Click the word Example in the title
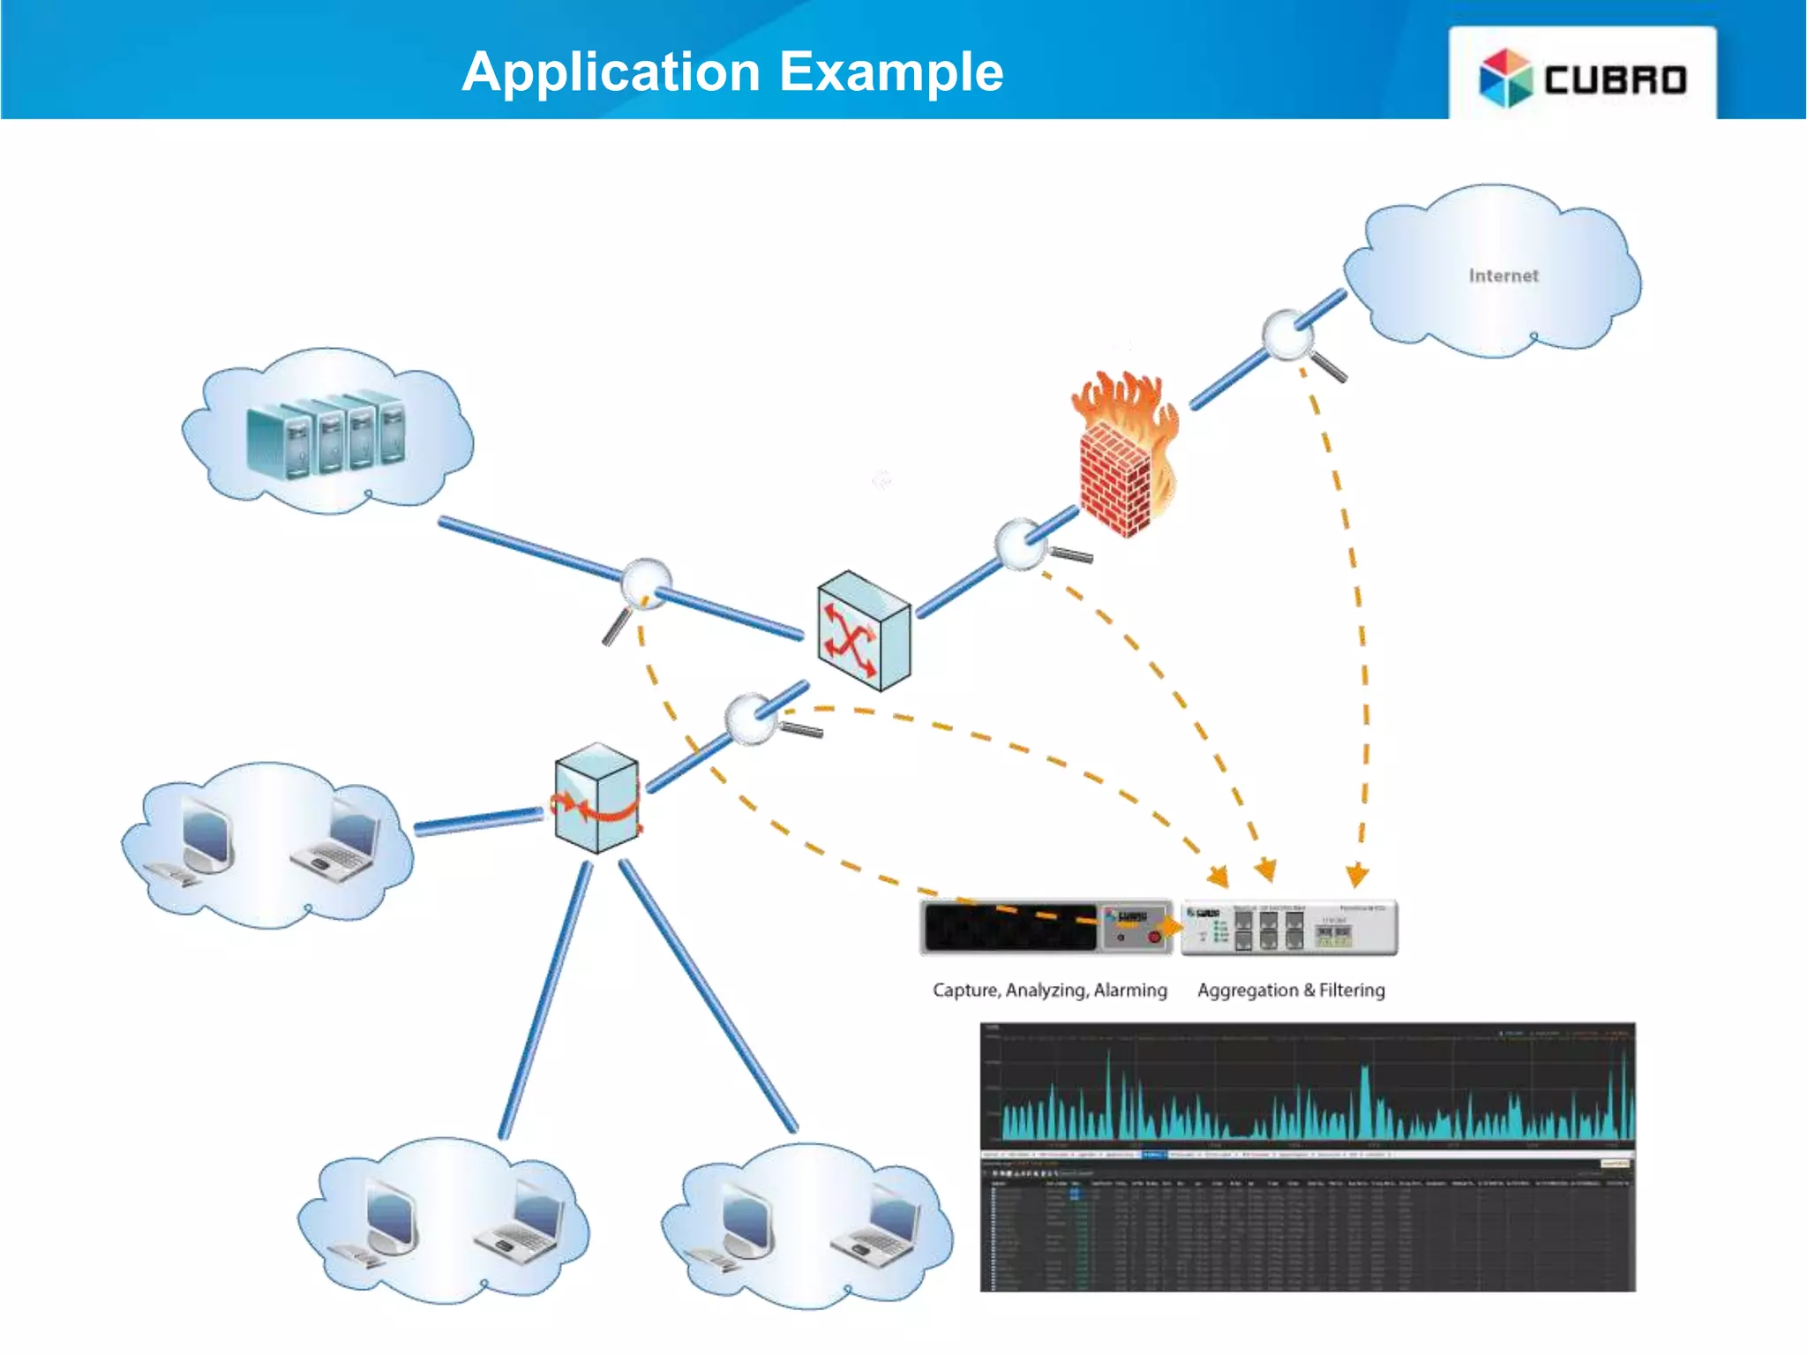click(x=891, y=72)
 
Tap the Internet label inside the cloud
click(x=1503, y=276)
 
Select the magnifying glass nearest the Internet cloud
click(x=1289, y=335)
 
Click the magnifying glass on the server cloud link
click(x=645, y=585)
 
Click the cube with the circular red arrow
click(x=596, y=799)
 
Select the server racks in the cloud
click(x=326, y=439)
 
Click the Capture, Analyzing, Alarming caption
click(x=1049, y=991)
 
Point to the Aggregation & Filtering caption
click(x=1290, y=991)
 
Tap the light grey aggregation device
click(x=1288, y=928)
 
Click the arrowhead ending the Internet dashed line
click(x=1357, y=876)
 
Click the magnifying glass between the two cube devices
click(x=753, y=717)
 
